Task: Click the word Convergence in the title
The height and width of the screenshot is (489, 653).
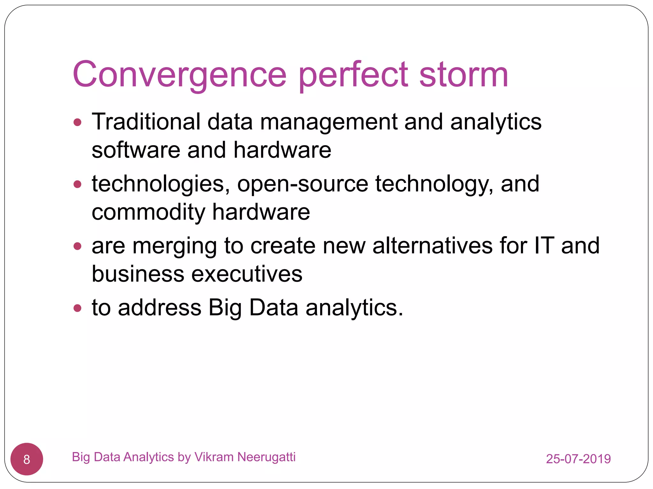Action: click(180, 75)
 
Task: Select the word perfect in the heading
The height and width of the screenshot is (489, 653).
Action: click(353, 75)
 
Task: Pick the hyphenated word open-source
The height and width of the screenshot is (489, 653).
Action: click(303, 184)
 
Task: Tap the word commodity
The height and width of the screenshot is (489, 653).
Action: click(148, 212)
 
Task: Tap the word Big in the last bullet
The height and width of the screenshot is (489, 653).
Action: click(225, 308)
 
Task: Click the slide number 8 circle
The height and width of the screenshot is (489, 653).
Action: click(27, 459)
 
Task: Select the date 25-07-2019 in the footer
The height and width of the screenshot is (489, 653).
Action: click(578, 459)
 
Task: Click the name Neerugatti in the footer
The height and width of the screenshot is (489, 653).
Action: click(267, 457)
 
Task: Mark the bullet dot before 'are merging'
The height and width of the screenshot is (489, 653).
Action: click(77, 246)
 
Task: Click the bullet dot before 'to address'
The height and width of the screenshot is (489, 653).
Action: click(77, 308)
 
